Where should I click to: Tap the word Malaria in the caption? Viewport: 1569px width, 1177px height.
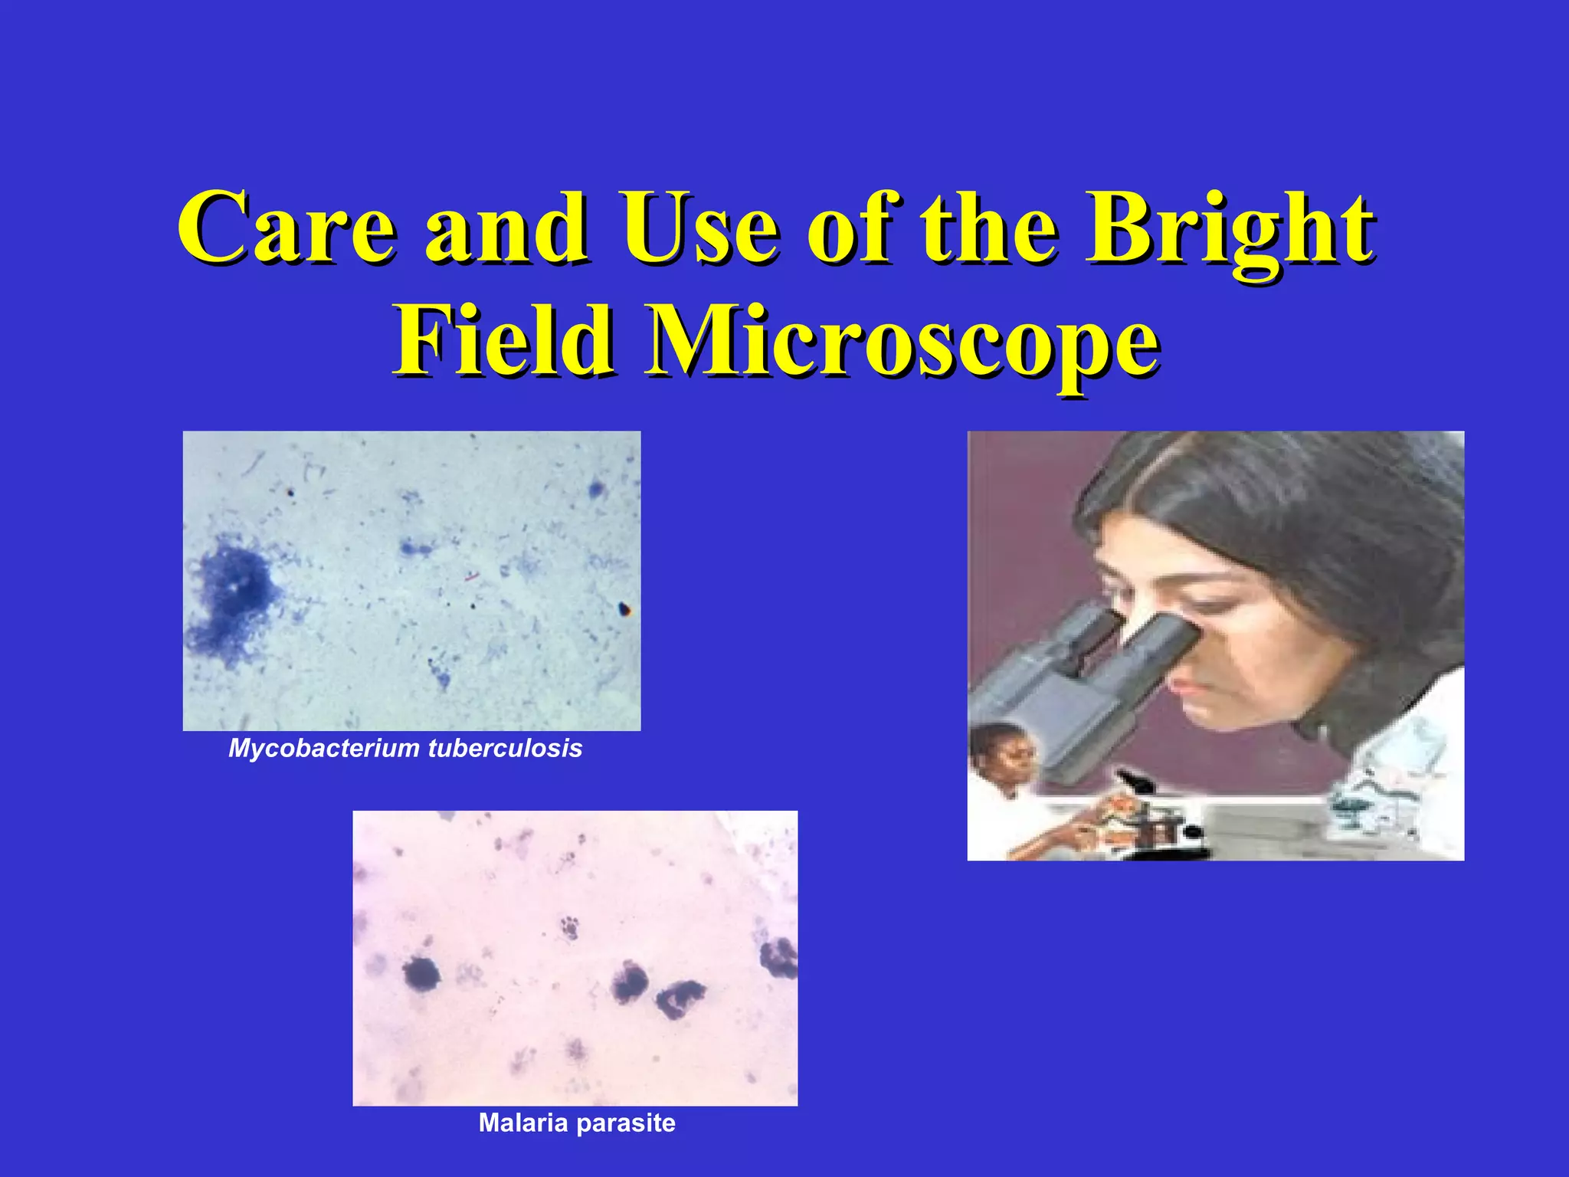[524, 1123]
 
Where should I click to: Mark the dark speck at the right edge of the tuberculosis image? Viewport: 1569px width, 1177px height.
[624, 609]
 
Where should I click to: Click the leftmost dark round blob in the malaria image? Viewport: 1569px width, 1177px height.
[421, 973]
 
